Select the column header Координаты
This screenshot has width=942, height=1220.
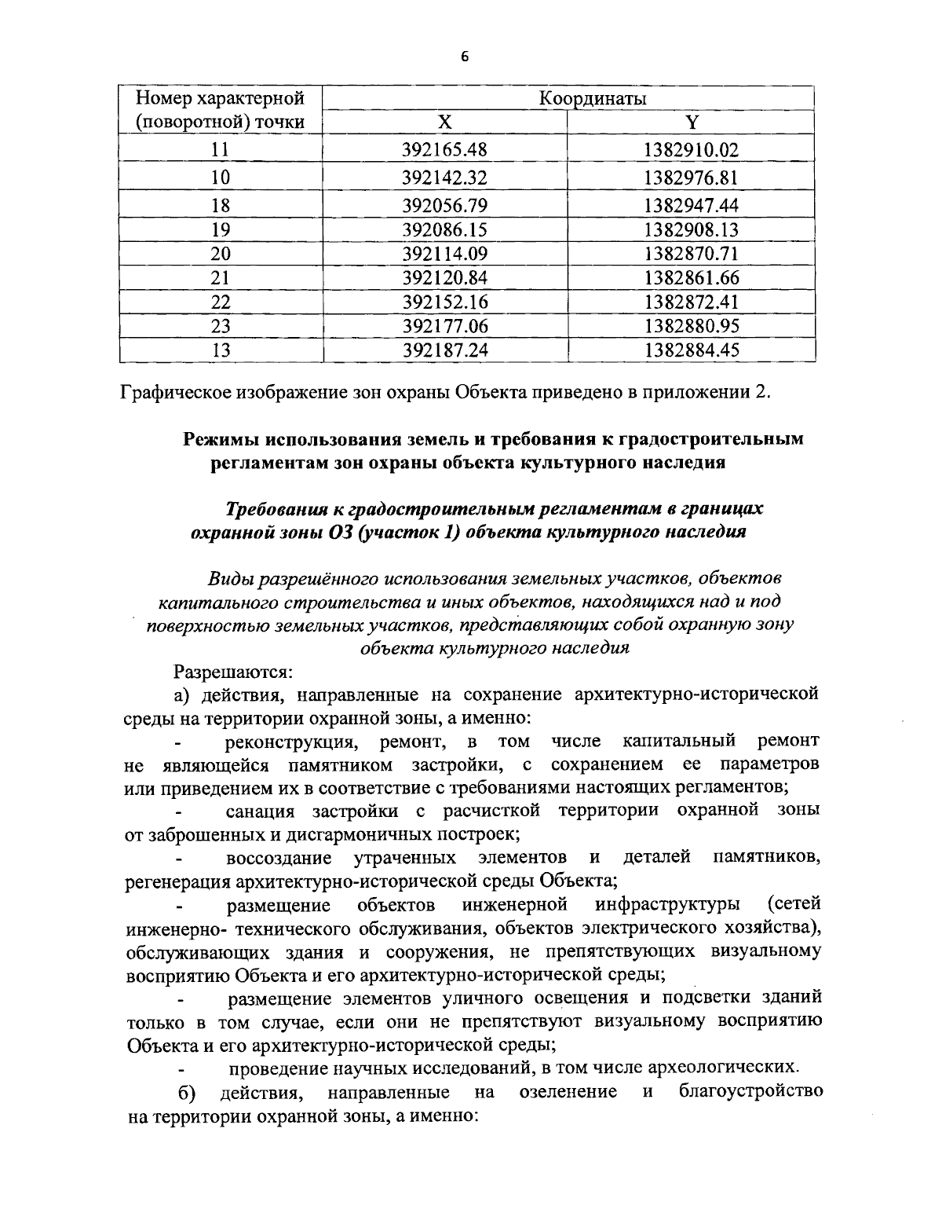coord(593,98)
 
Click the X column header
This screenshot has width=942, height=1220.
coord(444,122)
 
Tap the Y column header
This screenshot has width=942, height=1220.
coord(691,122)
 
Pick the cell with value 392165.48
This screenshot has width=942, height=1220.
coord(444,149)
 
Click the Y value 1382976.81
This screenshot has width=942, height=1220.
coord(691,178)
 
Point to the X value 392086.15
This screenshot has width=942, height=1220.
coord(444,230)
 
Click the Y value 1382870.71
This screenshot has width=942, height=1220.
coord(691,254)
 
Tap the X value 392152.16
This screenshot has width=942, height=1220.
coord(444,302)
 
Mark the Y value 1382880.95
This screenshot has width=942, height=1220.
coord(691,326)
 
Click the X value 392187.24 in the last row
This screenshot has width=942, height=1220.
coord(444,350)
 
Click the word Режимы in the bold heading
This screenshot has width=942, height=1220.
coord(221,439)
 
